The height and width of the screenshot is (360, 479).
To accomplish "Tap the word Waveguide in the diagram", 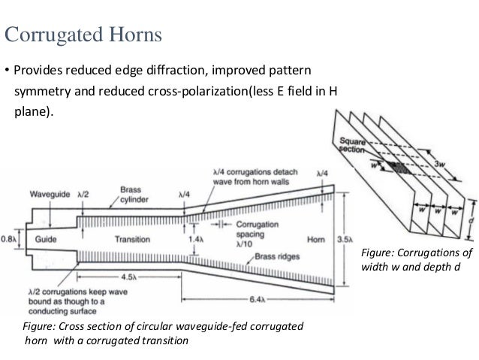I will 51,195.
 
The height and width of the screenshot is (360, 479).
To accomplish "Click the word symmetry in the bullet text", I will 41,93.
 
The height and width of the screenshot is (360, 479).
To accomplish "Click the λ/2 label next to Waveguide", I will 82,195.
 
